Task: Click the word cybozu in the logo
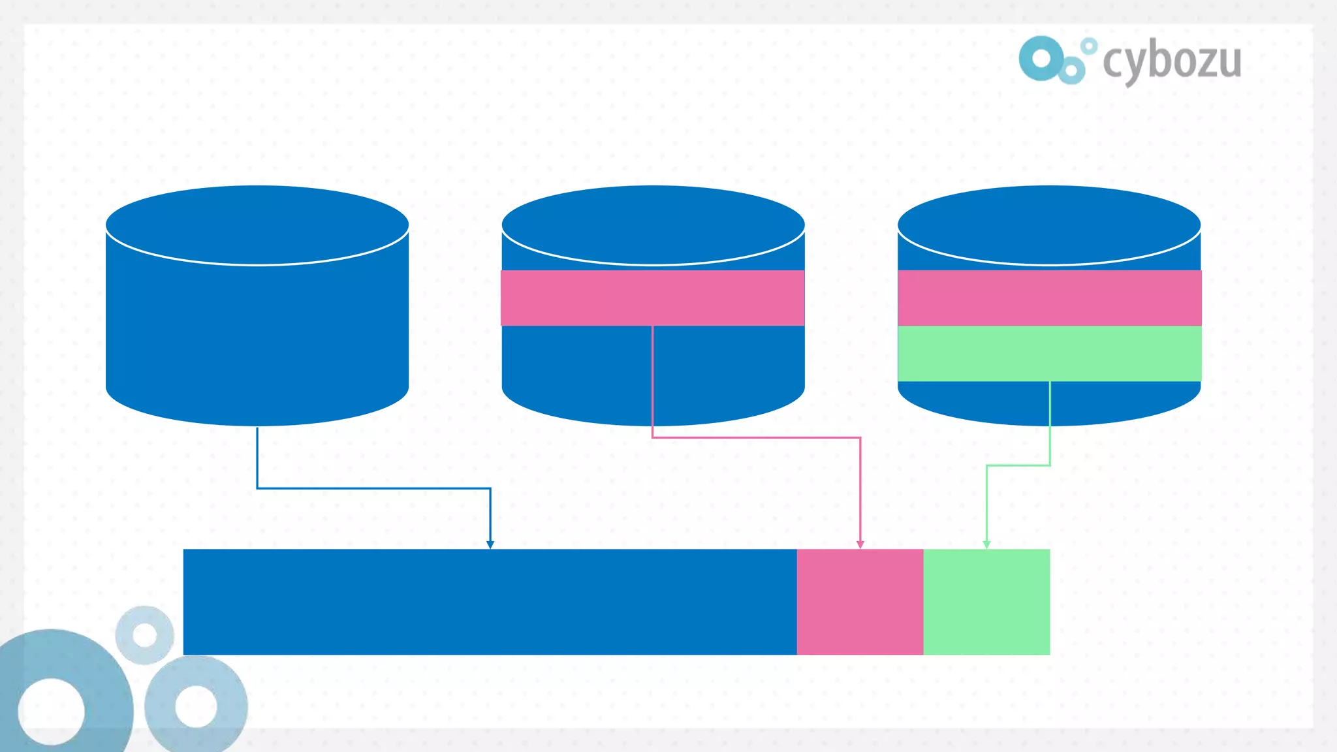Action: coord(1172,61)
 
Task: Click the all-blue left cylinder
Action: coord(257,326)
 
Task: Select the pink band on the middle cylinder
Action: coord(653,298)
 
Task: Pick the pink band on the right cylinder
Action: coord(1049,298)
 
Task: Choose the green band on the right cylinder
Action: coord(1049,353)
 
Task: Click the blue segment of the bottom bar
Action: coord(490,602)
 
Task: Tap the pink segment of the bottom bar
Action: coord(860,602)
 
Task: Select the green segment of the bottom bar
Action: coord(986,602)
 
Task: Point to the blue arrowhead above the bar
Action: coord(490,544)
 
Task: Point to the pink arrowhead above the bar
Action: coord(860,544)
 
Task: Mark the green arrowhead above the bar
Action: coord(986,544)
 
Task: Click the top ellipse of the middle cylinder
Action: coord(653,225)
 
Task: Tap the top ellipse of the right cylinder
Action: coord(1049,225)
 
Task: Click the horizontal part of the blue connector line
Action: coord(373,488)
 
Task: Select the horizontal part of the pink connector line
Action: coord(756,437)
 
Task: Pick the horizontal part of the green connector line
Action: coord(1018,465)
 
